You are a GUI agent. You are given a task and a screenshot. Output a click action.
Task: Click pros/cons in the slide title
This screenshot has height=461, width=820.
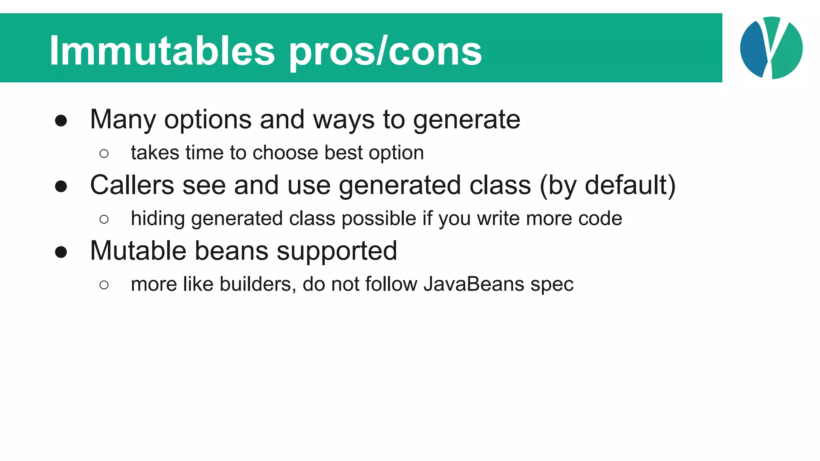coord(385,52)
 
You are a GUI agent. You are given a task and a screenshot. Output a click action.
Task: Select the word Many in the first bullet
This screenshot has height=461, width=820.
coord(123,120)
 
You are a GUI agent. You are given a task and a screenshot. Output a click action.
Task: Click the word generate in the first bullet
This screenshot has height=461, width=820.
coord(466,120)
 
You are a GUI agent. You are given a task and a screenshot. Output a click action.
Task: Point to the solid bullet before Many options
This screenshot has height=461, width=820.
coord(61,121)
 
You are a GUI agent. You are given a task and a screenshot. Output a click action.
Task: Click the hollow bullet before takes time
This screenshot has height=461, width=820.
coord(104,154)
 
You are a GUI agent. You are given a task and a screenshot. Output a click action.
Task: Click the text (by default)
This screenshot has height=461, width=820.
coord(607,186)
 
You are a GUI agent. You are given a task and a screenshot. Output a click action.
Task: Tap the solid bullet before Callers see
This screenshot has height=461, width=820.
coord(61,186)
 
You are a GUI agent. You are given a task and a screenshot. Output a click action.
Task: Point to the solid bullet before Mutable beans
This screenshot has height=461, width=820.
coord(61,252)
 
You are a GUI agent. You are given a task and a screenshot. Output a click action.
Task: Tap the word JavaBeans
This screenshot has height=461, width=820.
coord(474,284)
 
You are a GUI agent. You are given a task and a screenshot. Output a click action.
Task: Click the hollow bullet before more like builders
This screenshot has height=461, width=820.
coord(104,285)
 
